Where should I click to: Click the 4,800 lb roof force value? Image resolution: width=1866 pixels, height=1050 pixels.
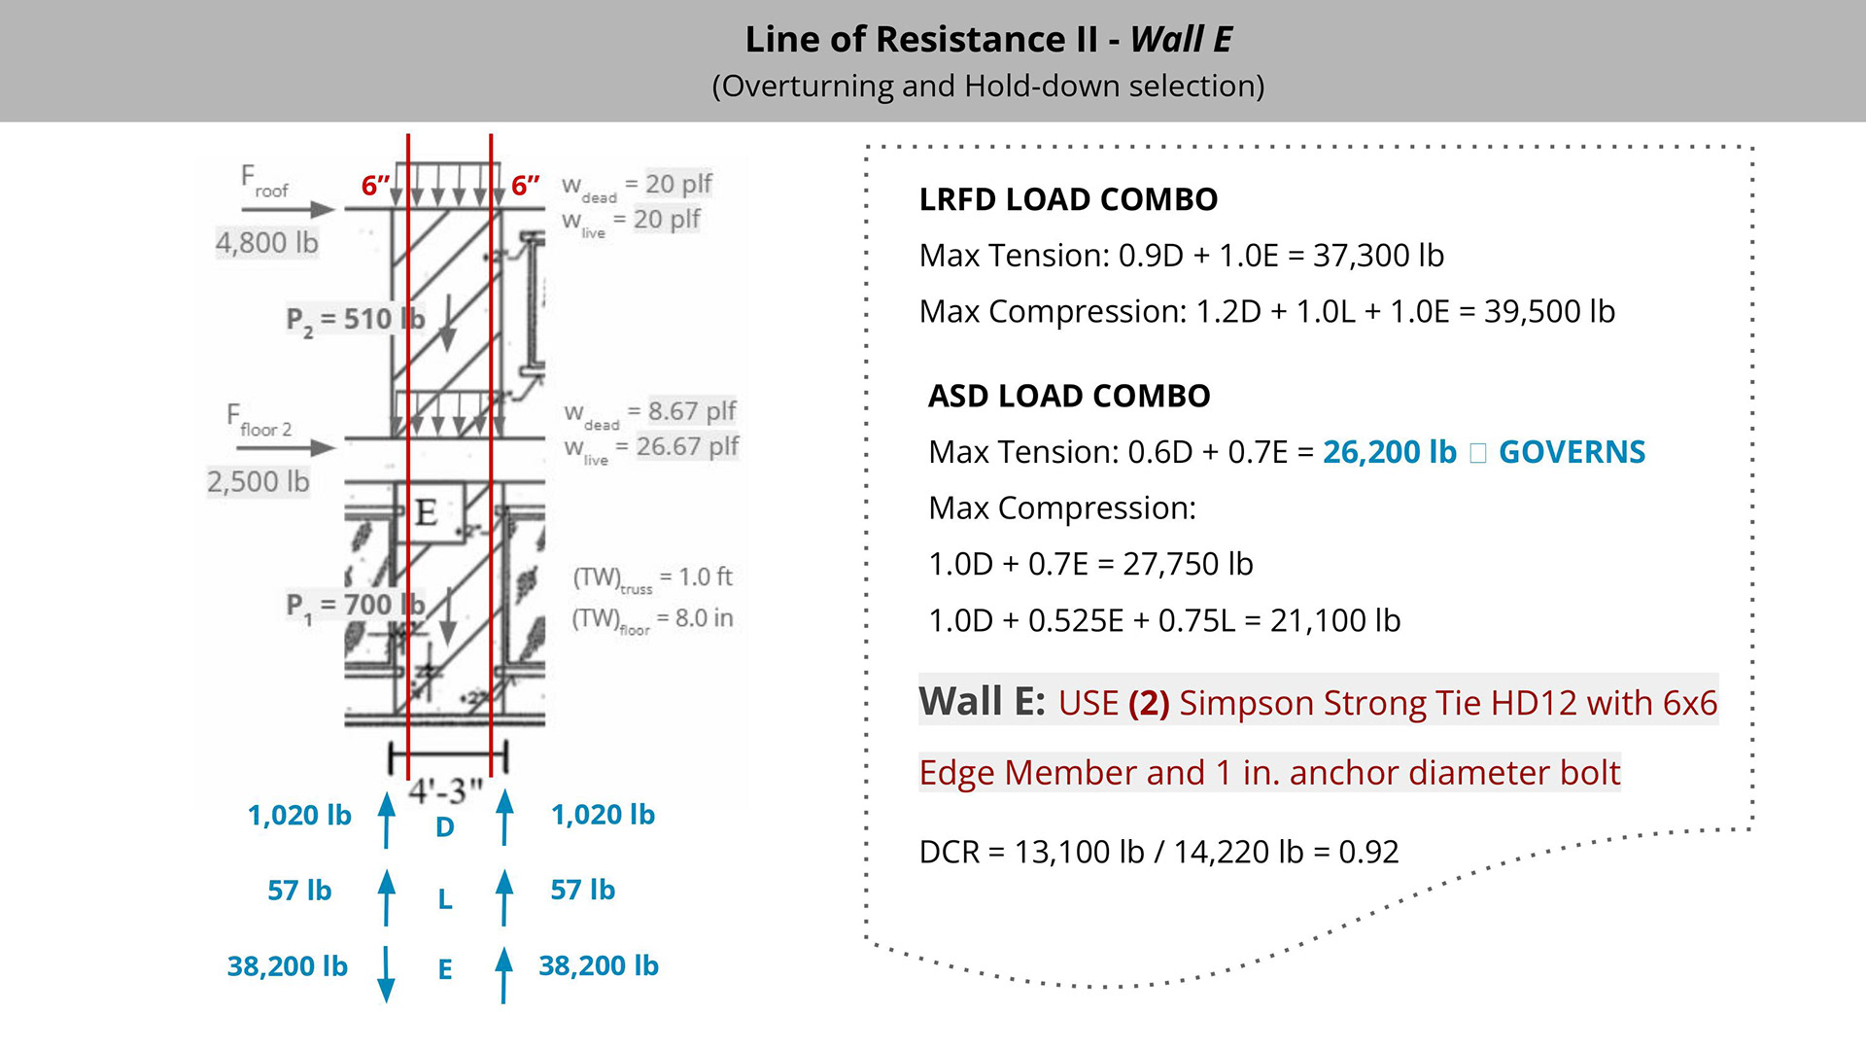tap(266, 242)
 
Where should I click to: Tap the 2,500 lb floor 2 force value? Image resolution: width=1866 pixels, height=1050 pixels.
tap(258, 481)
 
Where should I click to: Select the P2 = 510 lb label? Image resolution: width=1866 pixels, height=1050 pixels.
tap(355, 319)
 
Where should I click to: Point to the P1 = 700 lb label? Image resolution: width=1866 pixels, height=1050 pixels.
tap(355, 605)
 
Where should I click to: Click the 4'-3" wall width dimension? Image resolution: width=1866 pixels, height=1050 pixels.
tap(445, 789)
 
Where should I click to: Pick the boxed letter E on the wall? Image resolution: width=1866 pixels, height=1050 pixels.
tap(426, 512)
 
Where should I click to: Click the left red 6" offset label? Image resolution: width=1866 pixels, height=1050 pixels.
tap(375, 185)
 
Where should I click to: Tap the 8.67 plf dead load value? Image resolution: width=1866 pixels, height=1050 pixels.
tap(691, 411)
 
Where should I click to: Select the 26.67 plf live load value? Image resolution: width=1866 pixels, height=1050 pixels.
tap(687, 446)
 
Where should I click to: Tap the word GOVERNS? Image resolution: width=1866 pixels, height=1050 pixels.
tap(1572, 452)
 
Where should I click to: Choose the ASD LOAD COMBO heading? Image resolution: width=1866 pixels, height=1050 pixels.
tap(1069, 397)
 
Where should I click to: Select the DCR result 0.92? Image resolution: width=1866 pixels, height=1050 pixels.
tap(1368, 852)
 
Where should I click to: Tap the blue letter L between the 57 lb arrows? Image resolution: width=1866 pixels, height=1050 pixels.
tap(445, 898)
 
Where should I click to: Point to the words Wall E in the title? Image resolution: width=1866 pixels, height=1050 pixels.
tap(1181, 40)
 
